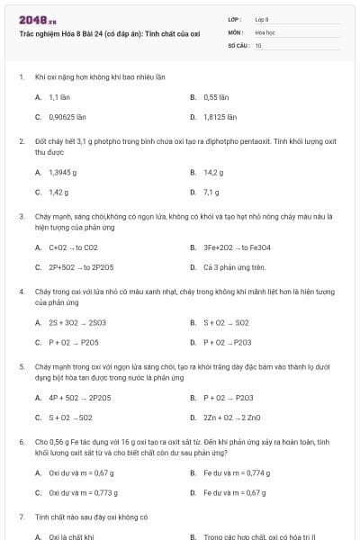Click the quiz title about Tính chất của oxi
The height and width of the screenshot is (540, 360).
(x=109, y=32)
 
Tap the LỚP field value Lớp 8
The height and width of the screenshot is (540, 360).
(x=262, y=19)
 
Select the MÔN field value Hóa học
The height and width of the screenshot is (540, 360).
(x=265, y=31)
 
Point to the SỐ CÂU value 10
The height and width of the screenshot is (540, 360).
(x=258, y=44)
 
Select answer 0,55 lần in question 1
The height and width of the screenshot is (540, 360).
(x=217, y=96)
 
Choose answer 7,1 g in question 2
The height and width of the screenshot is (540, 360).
(x=211, y=192)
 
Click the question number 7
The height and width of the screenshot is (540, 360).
(x=22, y=517)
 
